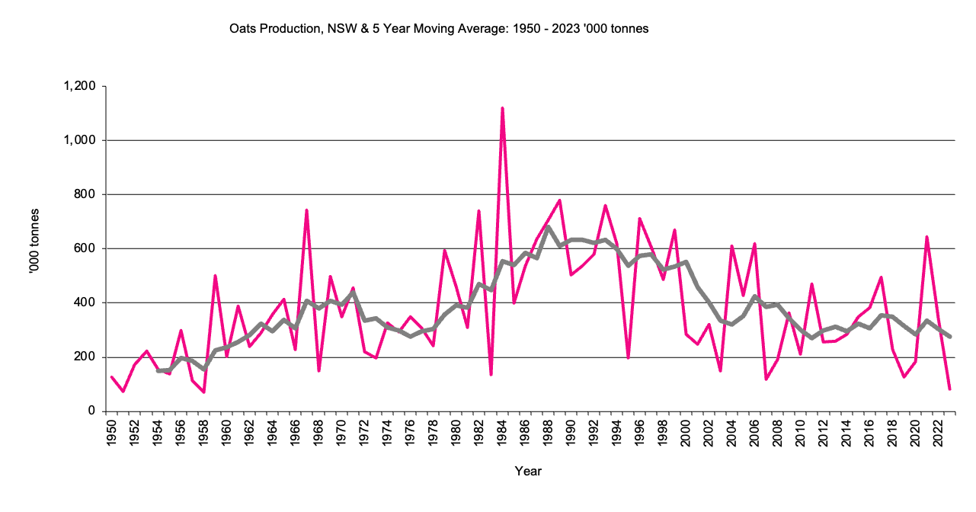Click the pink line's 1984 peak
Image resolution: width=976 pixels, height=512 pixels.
coord(502,108)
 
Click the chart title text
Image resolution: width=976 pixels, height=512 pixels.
coord(438,29)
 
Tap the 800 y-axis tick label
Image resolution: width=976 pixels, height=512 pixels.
coord(85,194)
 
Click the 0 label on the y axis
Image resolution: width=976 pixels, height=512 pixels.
coord(91,411)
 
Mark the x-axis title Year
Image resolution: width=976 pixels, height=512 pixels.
coord(528,472)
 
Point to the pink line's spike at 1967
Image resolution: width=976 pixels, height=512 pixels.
coord(306,210)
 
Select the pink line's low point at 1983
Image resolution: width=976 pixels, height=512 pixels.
coord(491,374)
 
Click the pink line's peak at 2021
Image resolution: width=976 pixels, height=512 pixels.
coord(926,237)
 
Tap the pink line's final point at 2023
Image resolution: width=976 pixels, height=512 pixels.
coord(950,389)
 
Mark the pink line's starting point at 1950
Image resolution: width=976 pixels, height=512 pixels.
coord(112,377)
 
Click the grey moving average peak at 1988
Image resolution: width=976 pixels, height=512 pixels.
coord(548,227)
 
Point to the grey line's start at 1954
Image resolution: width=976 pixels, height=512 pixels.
coord(158,371)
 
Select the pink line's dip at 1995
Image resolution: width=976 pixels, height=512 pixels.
coord(628,357)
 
